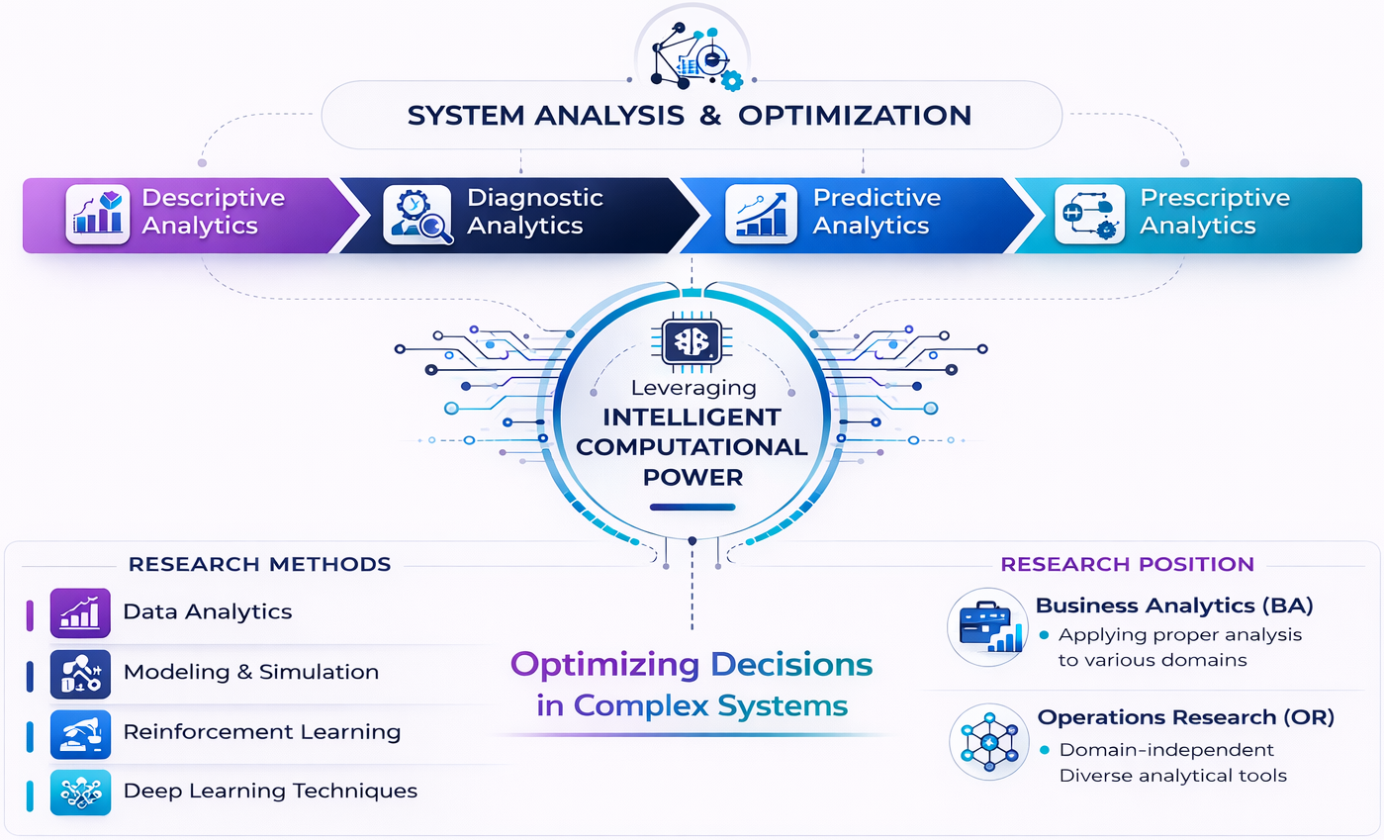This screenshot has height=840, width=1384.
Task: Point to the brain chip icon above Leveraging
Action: click(x=692, y=342)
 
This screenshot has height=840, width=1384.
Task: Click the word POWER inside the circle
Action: click(x=692, y=477)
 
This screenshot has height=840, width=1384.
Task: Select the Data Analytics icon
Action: click(x=79, y=611)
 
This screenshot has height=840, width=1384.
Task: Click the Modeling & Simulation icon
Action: click(x=79, y=672)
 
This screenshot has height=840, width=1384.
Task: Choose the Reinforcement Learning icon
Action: click(x=79, y=732)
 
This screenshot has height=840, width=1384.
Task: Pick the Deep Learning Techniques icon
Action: click(x=79, y=792)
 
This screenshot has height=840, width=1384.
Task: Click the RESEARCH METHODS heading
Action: click(x=260, y=565)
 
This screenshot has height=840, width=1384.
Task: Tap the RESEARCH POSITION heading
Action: click(x=1127, y=565)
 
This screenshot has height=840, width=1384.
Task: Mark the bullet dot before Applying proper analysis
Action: click(x=1044, y=635)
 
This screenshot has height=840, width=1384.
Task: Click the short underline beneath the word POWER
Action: click(x=692, y=509)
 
